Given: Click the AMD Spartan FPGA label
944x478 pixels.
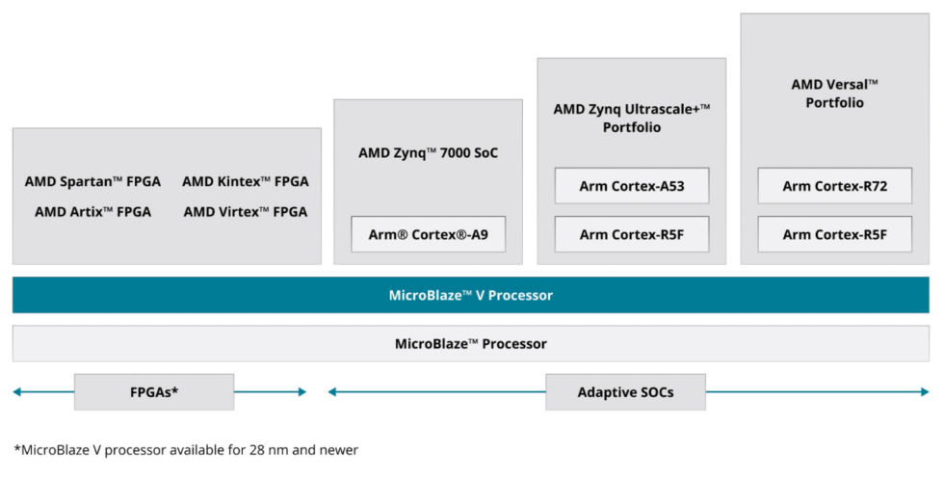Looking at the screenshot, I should point(92,181).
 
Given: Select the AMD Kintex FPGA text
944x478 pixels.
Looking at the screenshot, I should point(246,181).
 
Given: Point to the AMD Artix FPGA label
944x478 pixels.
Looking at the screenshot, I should point(92,212).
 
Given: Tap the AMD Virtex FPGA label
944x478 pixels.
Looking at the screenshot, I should point(246,212).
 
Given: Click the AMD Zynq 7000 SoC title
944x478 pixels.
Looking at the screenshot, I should point(428,152).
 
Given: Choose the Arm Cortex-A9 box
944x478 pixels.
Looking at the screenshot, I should point(428,234).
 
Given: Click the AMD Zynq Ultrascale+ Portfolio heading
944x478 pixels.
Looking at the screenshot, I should point(631,118).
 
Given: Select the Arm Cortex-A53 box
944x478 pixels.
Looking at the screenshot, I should point(631,186).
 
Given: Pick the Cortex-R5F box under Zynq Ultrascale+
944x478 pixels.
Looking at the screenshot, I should point(631,234).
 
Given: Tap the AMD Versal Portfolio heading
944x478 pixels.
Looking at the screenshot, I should point(834,93).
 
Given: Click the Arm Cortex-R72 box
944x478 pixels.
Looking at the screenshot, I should point(834,186).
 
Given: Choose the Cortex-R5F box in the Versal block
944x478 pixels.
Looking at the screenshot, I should point(834,234).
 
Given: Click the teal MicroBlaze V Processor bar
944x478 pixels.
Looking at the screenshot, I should point(471,295).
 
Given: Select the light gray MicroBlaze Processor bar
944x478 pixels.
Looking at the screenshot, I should point(471,343).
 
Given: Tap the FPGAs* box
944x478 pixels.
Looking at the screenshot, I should point(154,392).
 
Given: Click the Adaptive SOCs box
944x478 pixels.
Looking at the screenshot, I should point(625,392).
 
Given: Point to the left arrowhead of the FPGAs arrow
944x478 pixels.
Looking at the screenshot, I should point(17,392).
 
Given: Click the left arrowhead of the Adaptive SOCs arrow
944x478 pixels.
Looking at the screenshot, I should point(332,392).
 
